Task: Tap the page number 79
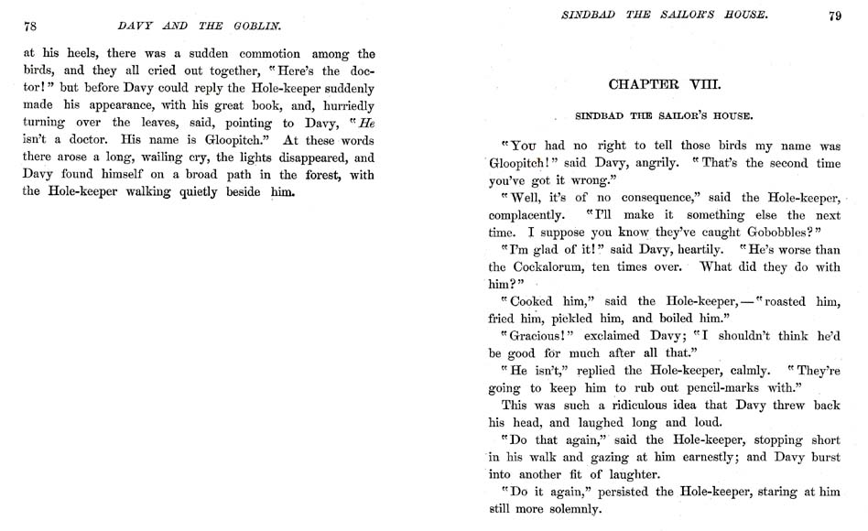[834, 15]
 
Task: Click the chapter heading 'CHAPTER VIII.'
[665, 85]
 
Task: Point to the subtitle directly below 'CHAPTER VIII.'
[664, 116]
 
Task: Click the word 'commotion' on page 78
[266, 53]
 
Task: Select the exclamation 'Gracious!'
[536, 336]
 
